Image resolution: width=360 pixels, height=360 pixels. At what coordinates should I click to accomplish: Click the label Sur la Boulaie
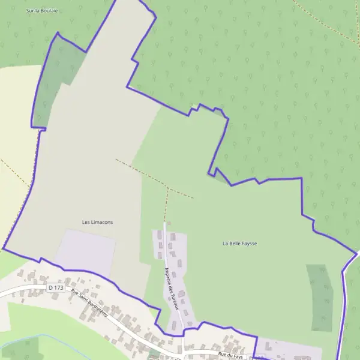click(41, 11)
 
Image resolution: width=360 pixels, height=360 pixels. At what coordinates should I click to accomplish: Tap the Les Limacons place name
click(97, 222)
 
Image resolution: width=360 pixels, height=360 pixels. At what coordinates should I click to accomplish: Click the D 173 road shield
click(55, 288)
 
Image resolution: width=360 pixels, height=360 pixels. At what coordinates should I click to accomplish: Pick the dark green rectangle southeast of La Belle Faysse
click(319, 298)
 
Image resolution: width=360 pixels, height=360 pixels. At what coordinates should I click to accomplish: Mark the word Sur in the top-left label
click(31, 11)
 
